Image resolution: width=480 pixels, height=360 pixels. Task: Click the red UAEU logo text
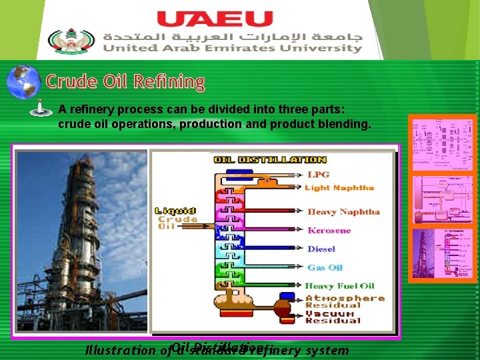[x=215, y=19]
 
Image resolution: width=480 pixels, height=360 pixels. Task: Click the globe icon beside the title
[x=23, y=82]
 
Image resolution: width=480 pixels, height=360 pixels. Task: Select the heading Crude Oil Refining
[x=125, y=82]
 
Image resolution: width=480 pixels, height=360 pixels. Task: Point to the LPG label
[x=318, y=175]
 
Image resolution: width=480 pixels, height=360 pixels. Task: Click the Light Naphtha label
[x=339, y=187]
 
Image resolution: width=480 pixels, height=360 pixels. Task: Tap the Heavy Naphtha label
[x=343, y=212]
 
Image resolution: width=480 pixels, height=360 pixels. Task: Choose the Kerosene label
[x=329, y=231]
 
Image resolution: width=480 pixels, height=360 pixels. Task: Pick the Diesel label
[x=321, y=249]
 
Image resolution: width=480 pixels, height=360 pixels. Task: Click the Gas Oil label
[x=325, y=267]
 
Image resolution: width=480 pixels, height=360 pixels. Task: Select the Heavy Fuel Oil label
[x=340, y=286]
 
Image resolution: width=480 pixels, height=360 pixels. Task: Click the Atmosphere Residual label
[x=345, y=301]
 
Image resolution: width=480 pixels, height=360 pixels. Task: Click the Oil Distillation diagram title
[x=269, y=159]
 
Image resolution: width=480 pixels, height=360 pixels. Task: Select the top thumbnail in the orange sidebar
[x=443, y=143]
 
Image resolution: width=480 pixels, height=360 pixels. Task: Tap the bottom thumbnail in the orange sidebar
[x=443, y=253]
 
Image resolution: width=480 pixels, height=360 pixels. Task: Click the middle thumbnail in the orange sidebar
[x=443, y=199]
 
